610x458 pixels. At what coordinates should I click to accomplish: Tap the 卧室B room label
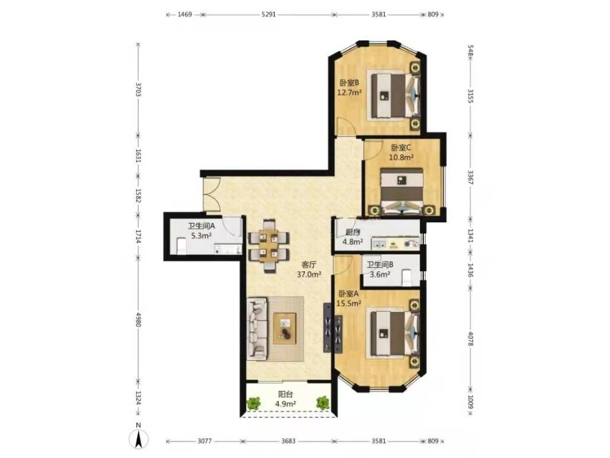pos(349,82)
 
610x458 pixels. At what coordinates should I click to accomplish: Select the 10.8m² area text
pos(401,158)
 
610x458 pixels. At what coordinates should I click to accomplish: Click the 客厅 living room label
pos(309,265)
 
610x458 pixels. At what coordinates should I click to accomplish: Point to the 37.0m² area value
pos(309,275)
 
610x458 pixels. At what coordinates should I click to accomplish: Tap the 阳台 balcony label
pos(285,394)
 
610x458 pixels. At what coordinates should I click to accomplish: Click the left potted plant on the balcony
pos(254,403)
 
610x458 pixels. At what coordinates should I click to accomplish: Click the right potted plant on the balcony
pos(322,402)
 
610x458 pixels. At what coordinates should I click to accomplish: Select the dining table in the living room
pos(269,246)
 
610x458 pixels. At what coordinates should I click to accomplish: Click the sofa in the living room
pos(257,329)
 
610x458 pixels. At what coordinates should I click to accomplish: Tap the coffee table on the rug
pos(285,329)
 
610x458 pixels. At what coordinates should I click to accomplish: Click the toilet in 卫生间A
pos(182,246)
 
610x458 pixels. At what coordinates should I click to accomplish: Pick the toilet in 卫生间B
pos(406,277)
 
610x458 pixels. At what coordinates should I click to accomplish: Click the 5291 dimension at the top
pos(268,15)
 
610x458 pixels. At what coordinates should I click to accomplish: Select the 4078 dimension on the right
pos(470,338)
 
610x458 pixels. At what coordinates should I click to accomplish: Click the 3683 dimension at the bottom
pos(289,442)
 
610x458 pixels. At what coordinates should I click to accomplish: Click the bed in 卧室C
pos(402,191)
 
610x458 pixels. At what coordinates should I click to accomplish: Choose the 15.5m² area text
pos(349,304)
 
